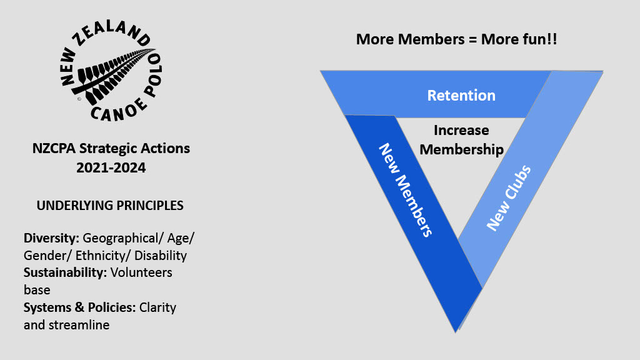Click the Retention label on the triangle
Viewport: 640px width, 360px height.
coord(461,96)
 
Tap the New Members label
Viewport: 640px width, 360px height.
coord(406,190)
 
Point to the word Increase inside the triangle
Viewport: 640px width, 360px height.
coord(461,131)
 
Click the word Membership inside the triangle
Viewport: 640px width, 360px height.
coord(462,149)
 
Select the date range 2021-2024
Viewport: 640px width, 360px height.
coord(111,167)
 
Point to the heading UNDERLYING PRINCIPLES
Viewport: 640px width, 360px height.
coord(111,205)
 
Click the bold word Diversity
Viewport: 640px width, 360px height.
coord(51,238)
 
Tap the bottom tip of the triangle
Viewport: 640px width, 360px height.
coord(456,331)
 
